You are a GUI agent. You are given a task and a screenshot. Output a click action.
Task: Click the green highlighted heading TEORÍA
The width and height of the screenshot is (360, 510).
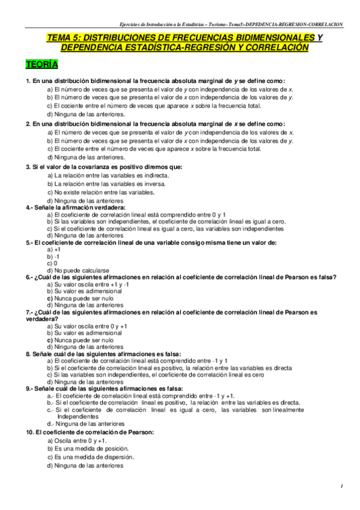41,64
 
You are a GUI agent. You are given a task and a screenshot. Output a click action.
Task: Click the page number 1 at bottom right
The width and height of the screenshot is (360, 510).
341,485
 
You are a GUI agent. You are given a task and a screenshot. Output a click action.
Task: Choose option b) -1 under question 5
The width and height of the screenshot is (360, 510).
53,256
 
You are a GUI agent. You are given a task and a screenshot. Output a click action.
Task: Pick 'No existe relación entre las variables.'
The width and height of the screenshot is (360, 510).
99,192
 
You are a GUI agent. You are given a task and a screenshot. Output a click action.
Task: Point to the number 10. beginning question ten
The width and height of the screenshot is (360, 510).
29,432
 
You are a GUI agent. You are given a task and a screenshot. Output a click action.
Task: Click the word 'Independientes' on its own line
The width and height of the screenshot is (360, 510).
78,416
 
